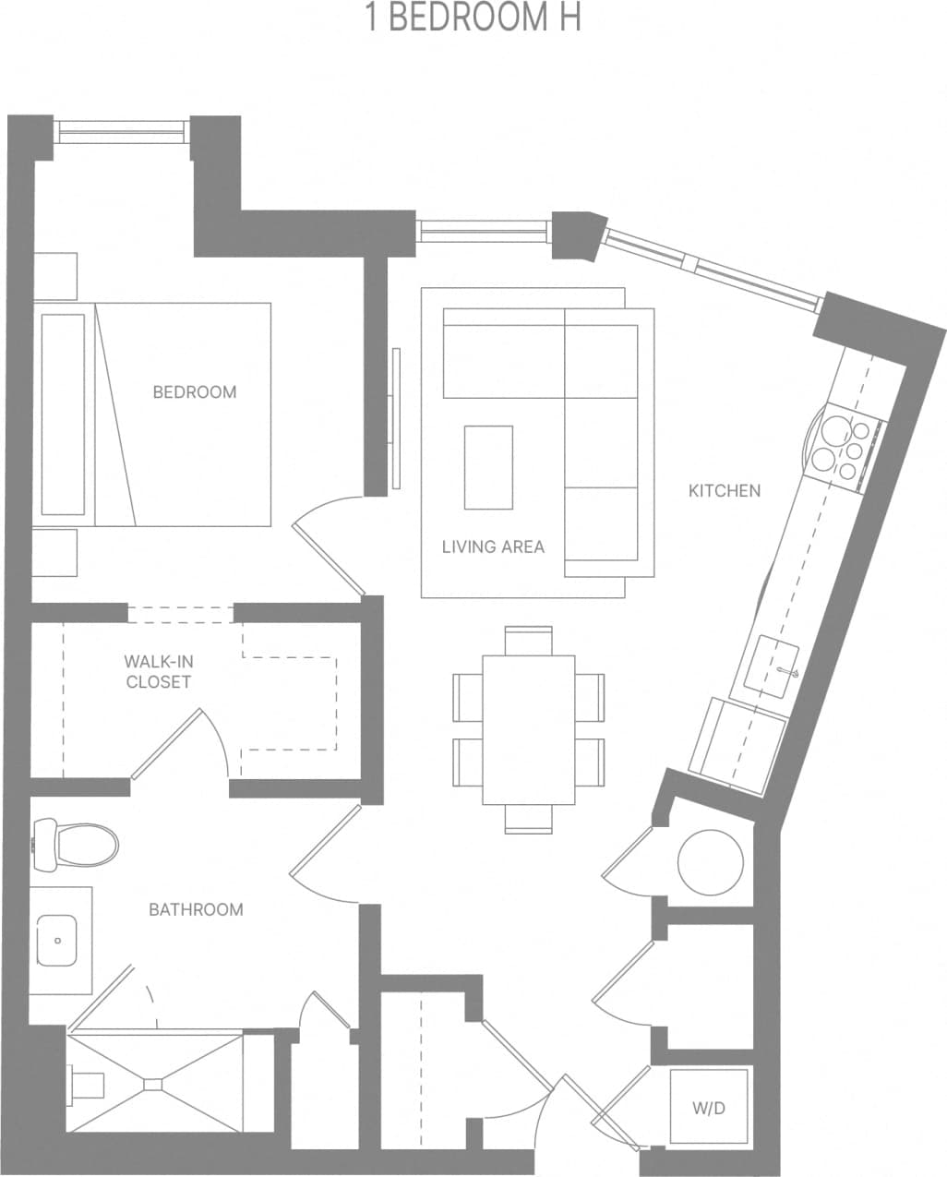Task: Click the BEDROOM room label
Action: [x=194, y=391]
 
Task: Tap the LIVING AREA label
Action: [x=493, y=546]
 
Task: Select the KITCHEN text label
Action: [x=725, y=490]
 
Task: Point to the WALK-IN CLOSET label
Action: [x=158, y=672]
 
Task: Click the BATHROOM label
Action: [x=196, y=909]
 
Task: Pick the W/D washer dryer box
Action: [x=709, y=1108]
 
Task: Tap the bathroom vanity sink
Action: [x=57, y=940]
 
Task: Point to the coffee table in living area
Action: [x=488, y=467]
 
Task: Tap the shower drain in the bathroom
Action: [x=153, y=1083]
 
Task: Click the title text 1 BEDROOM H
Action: [x=473, y=18]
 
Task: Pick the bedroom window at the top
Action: [x=123, y=131]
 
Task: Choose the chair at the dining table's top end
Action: [x=529, y=640]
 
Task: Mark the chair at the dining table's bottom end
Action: [x=529, y=819]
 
